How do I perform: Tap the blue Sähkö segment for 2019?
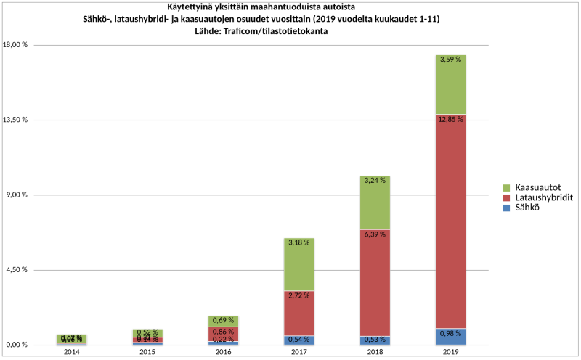[x=450, y=337]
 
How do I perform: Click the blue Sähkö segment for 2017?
[x=299, y=340]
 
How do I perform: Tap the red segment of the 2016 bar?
[x=224, y=334]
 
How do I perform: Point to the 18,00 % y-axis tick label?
[x=15, y=45]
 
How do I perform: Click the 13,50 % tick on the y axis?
[x=15, y=120]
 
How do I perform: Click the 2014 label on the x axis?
[x=72, y=352]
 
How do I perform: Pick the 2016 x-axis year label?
[x=224, y=352]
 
